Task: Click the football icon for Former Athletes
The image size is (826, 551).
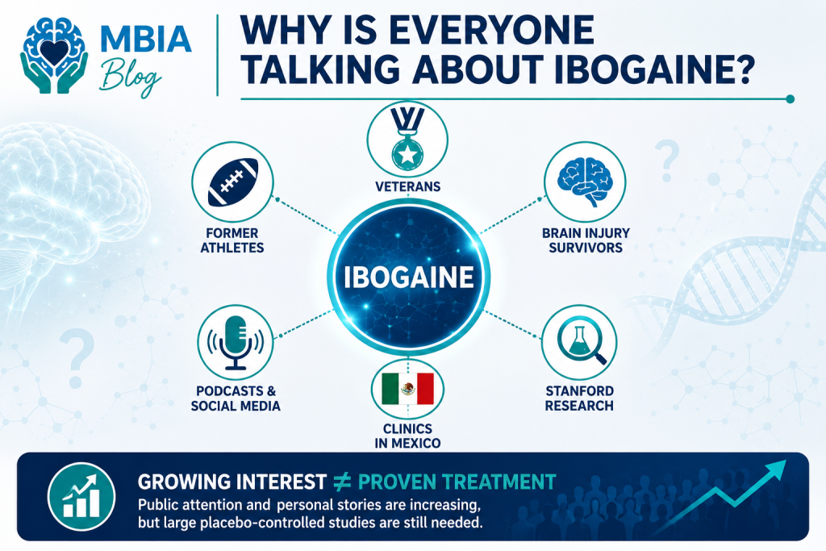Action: click(233, 182)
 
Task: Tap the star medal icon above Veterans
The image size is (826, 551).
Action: click(407, 139)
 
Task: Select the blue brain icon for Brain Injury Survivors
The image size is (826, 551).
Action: click(585, 182)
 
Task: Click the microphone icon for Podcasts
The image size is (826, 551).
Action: click(236, 342)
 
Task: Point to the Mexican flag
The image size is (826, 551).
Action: click(407, 389)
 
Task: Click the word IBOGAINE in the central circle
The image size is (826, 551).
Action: click(408, 277)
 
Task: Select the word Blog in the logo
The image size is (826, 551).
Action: click(130, 77)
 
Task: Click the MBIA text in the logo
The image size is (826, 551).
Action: click(145, 38)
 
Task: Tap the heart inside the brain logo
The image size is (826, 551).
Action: click(54, 52)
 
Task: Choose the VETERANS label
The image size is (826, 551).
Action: click(407, 186)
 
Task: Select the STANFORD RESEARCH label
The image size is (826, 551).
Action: click(579, 399)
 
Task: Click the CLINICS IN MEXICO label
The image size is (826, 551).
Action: click(407, 436)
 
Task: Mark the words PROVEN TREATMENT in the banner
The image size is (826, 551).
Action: click(457, 482)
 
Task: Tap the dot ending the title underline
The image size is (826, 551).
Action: click(790, 98)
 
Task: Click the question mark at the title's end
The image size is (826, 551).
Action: click(742, 69)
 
